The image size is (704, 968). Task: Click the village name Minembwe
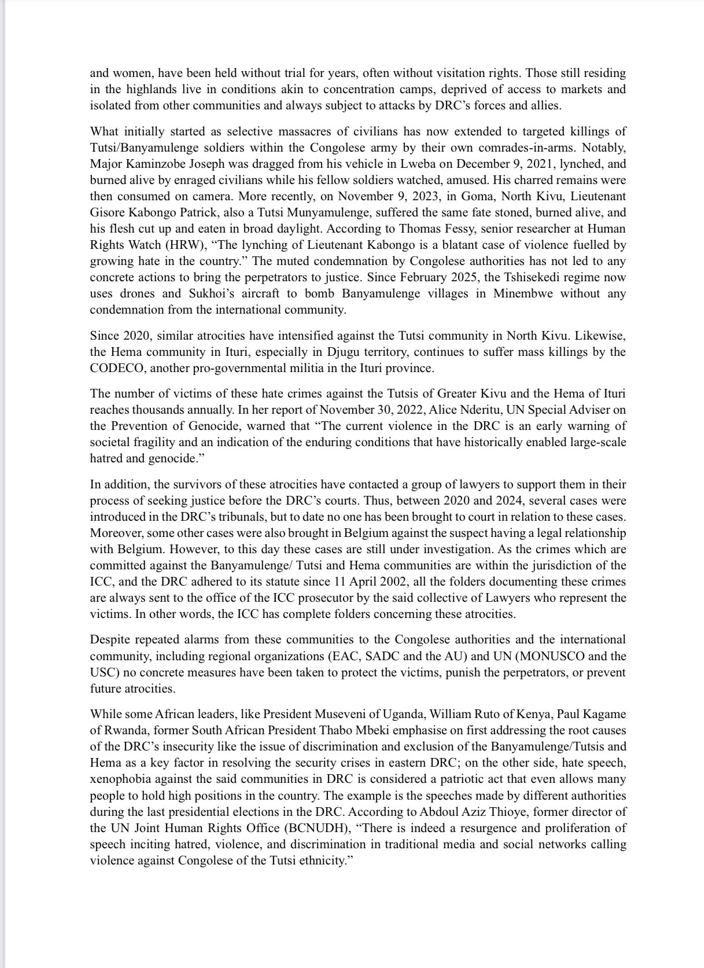(523, 293)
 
